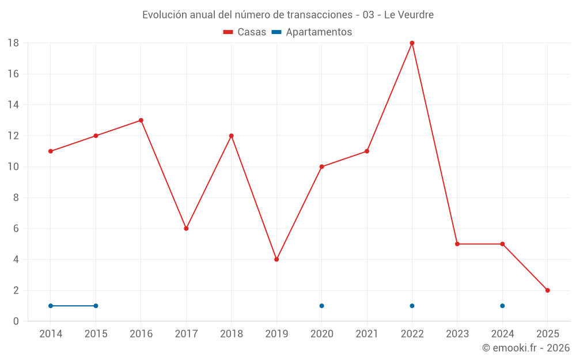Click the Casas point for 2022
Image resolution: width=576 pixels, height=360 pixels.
(x=412, y=43)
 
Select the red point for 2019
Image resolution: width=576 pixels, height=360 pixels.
(x=276, y=259)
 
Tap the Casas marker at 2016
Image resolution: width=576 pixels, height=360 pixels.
(x=141, y=120)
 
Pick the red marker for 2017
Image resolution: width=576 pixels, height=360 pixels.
(x=186, y=229)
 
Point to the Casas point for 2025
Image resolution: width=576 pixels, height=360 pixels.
(x=548, y=290)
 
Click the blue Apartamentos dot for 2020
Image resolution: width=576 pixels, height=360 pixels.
(x=321, y=306)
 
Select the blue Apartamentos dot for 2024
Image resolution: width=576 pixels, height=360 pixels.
(x=502, y=306)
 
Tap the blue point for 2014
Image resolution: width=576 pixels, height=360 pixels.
(x=51, y=306)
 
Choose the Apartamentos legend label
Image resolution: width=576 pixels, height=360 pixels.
(x=319, y=32)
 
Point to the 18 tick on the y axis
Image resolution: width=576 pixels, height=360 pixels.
(x=13, y=43)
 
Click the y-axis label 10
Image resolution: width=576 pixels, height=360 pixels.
(x=13, y=167)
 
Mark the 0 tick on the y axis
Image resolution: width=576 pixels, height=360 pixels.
(x=16, y=321)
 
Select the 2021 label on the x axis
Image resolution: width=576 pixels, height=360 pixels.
(x=367, y=334)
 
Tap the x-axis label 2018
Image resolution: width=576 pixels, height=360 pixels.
(x=231, y=334)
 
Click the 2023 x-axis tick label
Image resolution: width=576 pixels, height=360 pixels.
(x=457, y=334)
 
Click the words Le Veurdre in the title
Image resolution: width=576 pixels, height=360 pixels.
(x=408, y=15)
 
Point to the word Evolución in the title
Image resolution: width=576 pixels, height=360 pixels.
(x=164, y=15)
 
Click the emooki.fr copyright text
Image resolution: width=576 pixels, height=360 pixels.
(x=526, y=348)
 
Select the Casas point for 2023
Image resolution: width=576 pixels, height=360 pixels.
(x=457, y=244)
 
